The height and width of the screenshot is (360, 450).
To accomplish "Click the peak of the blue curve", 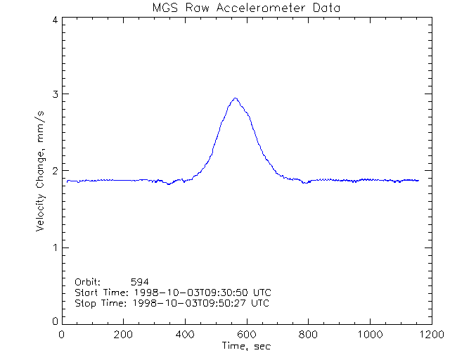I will pyautogui.click(x=236, y=98).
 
